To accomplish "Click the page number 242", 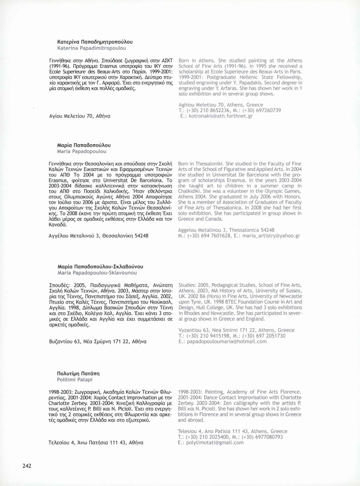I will pos(27,466).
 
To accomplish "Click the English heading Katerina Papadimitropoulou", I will pos(92,48).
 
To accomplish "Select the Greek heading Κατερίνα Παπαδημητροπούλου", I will pos(95,42).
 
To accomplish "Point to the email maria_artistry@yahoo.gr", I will pos(271,236).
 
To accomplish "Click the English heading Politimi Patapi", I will pos(75,380).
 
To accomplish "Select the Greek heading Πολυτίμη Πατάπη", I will pos(78,373).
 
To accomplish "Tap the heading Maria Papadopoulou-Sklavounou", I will pos(97,273).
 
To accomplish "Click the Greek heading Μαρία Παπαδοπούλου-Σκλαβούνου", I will pos(100,266).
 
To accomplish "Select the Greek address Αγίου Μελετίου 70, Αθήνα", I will pos(79,116).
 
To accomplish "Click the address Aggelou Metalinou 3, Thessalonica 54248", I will pos(226,230).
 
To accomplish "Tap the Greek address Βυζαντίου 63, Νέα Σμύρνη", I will pos(97,341).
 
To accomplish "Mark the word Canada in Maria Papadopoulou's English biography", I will pos(215,219).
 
